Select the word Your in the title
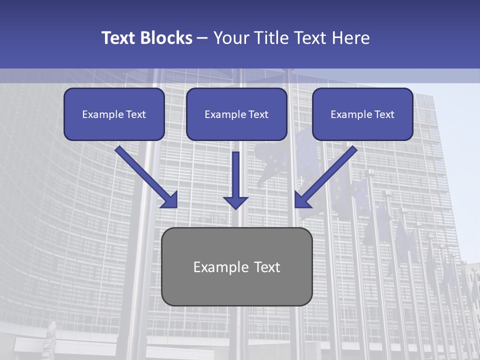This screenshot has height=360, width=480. (x=231, y=38)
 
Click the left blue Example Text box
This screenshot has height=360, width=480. (x=114, y=114)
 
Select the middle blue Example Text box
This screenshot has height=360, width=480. (x=236, y=114)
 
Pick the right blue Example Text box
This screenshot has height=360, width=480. (x=362, y=114)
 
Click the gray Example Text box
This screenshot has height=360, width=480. (x=237, y=266)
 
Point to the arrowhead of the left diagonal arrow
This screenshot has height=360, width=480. (x=170, y=200)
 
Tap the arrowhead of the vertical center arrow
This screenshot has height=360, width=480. (x=236, y=202)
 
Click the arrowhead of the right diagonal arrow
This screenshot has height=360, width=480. (x=301, y=200)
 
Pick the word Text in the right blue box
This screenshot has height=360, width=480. (x=384, y=114)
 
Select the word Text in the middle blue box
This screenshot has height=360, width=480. (x=258, y=114)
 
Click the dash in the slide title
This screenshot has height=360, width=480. (x=202, y=38)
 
